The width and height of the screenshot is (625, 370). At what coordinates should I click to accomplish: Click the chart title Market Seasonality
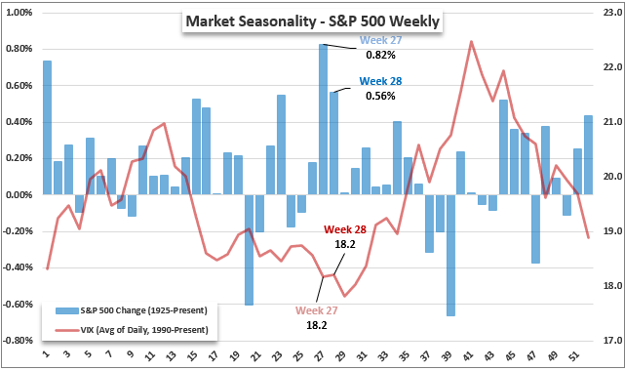click(252, 21)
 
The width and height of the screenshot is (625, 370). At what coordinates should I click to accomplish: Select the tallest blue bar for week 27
click(323, 119)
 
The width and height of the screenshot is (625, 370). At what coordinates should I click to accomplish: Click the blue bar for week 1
click(47, 128)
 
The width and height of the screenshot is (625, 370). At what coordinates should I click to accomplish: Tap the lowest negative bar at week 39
click(450, 256)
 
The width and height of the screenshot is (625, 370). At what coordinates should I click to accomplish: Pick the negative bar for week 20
click(249, 250)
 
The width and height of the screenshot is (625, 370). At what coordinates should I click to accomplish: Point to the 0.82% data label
click(380, 55)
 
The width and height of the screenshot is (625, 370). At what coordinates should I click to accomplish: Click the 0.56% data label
click(380, 97)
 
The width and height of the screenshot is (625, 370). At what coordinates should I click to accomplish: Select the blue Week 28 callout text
click(380, 81)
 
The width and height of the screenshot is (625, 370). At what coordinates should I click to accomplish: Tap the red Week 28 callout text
click(345, 229)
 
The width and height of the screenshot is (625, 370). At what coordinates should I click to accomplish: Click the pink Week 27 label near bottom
click(317, 310)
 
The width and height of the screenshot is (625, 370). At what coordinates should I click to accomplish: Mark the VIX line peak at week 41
click(471, 41)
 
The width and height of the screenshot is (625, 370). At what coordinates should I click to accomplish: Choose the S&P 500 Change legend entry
click(131, 310)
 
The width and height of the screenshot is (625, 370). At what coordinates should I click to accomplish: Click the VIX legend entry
click(132, 330)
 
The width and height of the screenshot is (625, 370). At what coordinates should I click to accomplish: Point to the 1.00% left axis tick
click(20, 13)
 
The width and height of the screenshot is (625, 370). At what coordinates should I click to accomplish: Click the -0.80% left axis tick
click(18, 341)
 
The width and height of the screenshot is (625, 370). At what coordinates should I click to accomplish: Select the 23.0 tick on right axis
click(612, 13)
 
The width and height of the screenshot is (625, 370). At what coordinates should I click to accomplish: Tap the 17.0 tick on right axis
click(612, 341)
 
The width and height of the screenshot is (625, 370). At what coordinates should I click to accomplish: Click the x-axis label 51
click(572, 355)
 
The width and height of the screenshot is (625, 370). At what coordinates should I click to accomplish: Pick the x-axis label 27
click(319, 355)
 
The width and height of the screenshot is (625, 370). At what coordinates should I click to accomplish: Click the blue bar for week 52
click(588, 155)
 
